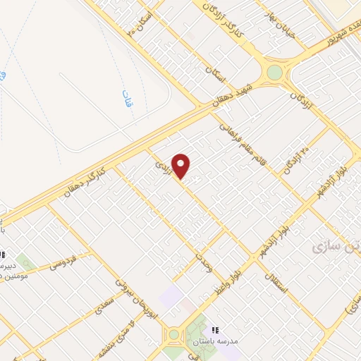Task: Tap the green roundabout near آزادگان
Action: point(274,72)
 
